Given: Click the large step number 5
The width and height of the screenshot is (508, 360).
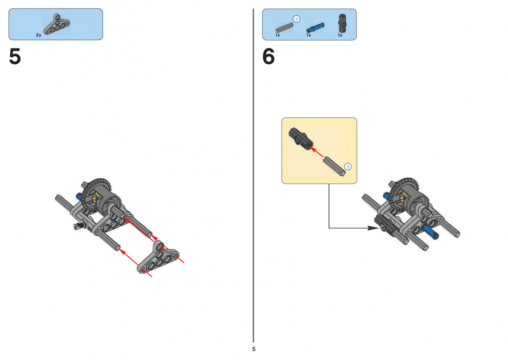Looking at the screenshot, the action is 15,57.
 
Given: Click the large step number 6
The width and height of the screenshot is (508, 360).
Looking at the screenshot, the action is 269,57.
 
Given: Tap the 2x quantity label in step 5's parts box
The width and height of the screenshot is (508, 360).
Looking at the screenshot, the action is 38,35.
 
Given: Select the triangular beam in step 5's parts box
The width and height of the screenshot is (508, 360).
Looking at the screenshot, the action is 57,24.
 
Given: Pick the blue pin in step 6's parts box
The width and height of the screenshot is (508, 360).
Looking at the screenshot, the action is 315,28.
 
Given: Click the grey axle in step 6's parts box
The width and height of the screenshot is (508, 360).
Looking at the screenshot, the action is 284,28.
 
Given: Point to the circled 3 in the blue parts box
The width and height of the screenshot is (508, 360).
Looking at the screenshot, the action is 296,19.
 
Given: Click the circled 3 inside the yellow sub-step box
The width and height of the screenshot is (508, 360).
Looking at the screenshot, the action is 347,166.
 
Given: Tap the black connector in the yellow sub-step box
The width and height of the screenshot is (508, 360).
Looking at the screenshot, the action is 300,139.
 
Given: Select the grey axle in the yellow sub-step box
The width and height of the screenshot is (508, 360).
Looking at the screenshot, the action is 335,166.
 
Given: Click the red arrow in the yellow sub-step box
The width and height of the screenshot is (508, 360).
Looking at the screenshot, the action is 316,152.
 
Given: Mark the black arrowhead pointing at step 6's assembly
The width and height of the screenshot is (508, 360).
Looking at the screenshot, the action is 373,228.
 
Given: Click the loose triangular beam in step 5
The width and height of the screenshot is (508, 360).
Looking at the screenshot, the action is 159,257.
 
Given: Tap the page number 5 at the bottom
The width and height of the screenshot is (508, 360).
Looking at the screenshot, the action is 253,349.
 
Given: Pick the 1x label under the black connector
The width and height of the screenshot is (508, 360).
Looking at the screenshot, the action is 340,35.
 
